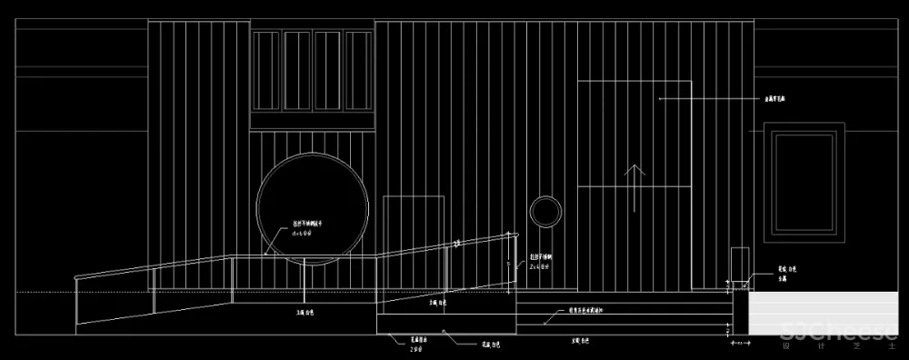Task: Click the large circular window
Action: point(313,207)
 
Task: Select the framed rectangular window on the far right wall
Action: point(804,182)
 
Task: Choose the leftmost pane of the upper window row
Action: point(267,71)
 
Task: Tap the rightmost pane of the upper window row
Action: point(358,71)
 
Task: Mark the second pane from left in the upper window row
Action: point(297,71)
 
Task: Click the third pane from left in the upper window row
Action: point(328,71)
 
